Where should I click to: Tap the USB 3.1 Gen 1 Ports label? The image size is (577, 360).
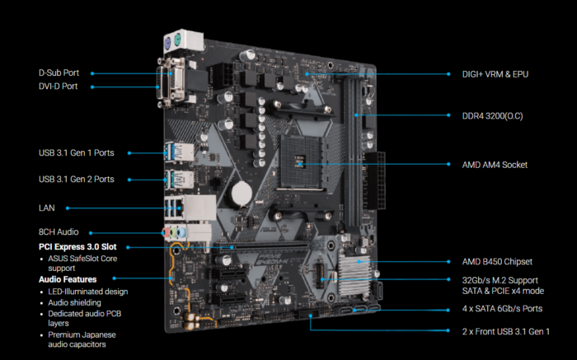76,152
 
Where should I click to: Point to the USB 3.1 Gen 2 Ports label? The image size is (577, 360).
76,179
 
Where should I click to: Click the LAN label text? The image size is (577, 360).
47,208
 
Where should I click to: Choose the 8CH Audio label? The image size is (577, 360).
59,232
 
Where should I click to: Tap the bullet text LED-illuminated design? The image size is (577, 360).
87,292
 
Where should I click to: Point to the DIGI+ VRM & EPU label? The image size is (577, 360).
495,74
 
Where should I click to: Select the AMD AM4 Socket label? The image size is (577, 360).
495,165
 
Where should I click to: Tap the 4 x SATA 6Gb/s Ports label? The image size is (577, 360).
502,309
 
